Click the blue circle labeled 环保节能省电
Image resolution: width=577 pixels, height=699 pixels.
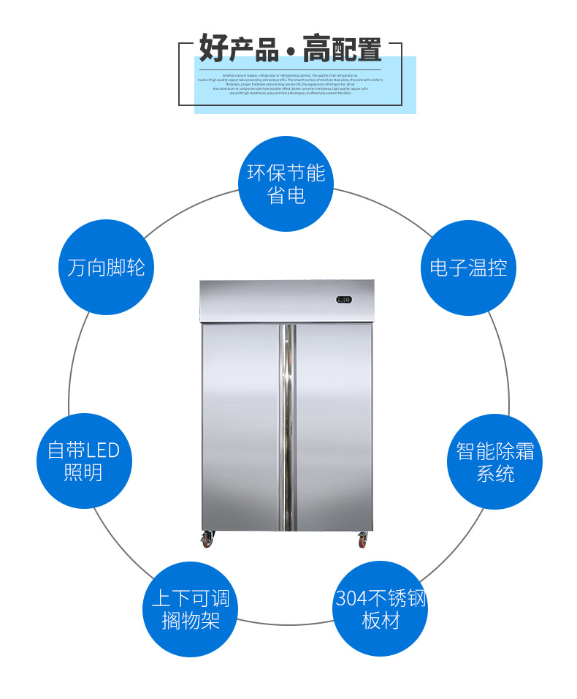(286, 184)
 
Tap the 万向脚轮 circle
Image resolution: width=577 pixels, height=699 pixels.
(106, 268)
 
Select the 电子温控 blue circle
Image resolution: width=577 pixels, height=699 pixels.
(468, 268)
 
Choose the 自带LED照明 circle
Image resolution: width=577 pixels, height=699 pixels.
(83, 461)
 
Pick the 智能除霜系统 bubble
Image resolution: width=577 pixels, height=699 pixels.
(494, 461)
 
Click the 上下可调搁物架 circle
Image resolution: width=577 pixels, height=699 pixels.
(190, 610)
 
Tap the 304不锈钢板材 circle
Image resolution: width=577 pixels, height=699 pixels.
(381, 610)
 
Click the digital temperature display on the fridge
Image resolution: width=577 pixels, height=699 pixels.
(344, 299)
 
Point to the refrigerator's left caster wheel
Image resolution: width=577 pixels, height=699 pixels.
(207, 540)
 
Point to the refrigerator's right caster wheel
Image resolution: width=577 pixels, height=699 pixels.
(363, 540)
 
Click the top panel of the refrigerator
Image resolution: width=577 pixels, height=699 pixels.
(286, 301)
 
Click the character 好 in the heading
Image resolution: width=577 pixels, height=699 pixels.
(210, 49)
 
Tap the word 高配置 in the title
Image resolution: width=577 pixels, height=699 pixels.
(343, 49)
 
